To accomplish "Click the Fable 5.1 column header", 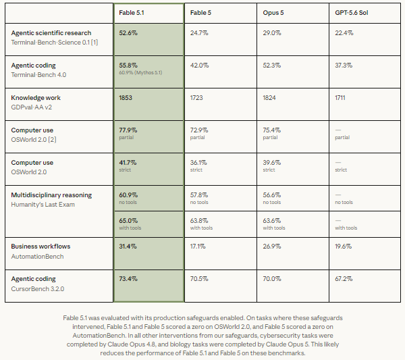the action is [132, 13].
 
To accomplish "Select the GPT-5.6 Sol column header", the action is [351, 13].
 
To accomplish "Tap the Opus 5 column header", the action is [273, 13].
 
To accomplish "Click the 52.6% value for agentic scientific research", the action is [128, 33].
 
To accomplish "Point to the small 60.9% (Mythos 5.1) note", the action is [140, 73].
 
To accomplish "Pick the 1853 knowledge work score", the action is [126, 98].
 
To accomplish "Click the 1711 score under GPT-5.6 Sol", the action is [340, 98].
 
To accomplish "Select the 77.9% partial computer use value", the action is [128, 130].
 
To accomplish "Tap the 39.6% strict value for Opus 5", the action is [272, 163].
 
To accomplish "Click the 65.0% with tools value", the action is [128, 221].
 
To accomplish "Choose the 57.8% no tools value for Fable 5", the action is [199, 195].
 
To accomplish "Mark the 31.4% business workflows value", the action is [128, 247].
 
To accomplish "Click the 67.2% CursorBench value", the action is [344, 278].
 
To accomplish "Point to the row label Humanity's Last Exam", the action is [43, 205].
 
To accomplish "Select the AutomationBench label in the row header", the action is [37, 257].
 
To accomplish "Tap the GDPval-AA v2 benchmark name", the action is [31, 107].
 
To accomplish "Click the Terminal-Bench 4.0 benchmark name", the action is [38, 75].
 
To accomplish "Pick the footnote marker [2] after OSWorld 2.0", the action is [52, 140].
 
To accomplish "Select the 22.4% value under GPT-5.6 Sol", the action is [344, 33].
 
